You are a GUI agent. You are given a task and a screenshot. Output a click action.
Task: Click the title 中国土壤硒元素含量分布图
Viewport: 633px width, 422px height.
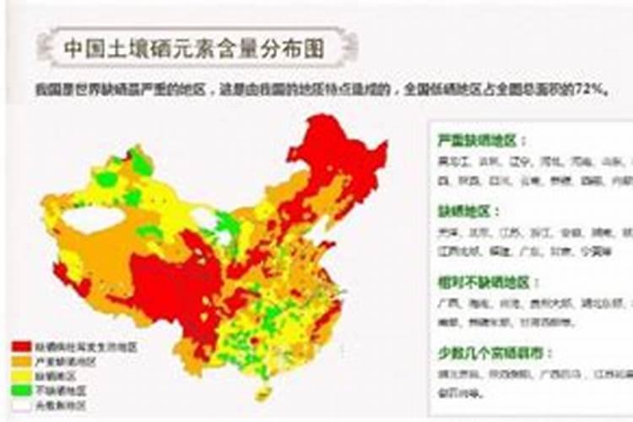coord(193,49)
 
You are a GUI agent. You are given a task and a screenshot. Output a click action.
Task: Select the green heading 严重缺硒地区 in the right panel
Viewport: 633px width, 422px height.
coord(482,140)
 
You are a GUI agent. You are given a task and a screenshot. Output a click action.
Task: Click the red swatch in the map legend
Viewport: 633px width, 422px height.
coord(21,347)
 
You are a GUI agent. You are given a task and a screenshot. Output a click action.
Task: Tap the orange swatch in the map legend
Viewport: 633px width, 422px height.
coord(21,361)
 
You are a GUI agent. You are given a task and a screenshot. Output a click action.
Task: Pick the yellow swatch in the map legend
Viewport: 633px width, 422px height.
coord(21,376)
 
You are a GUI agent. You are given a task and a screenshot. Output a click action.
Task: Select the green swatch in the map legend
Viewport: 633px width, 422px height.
coord(21,390)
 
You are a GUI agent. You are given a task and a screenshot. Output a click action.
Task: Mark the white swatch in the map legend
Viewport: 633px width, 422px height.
coord(21,404)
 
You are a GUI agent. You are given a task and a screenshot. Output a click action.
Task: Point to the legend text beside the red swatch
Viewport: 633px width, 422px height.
coord(84,347)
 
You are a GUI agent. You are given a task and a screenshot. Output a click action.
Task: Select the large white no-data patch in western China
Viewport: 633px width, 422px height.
coord(93,220)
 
